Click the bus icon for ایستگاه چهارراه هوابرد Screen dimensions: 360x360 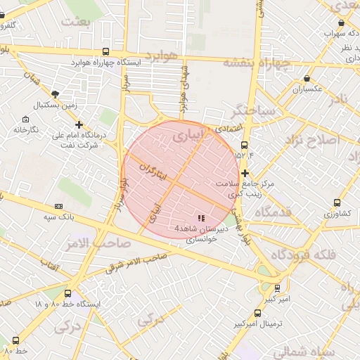click(105, 51)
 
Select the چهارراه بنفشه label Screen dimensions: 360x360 click(257, 62)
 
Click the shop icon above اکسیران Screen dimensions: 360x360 click(306, 79)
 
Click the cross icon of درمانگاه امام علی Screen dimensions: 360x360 click(79, 124)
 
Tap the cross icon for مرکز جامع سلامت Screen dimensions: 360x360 click(245, 173)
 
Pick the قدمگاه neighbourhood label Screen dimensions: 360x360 click(274, 212)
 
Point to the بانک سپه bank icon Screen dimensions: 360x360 click(58, 206)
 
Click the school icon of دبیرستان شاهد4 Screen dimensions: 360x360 click(200, 219)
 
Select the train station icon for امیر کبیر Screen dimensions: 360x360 click(277, 287)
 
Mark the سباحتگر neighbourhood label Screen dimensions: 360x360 click(252, 110)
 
